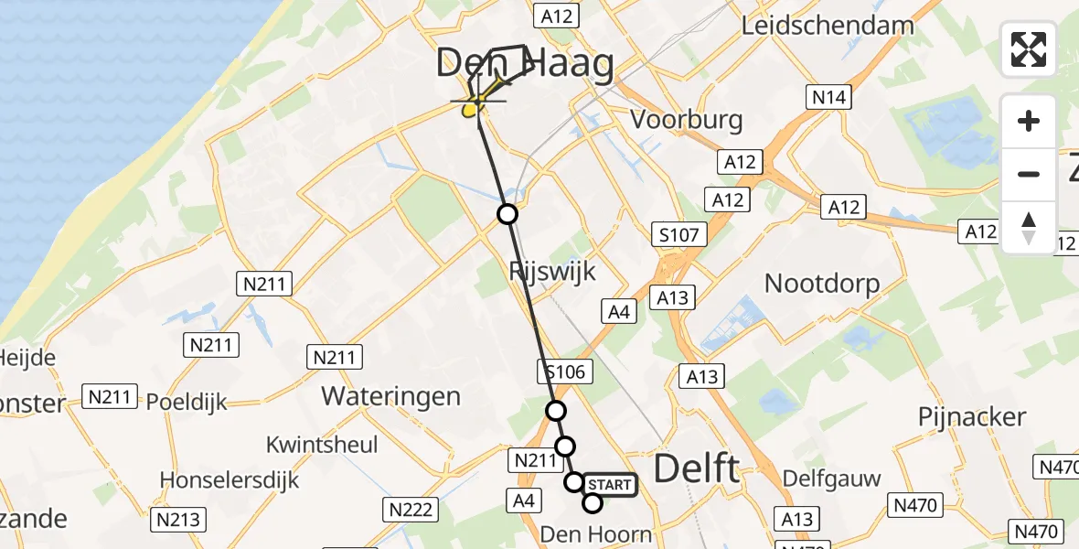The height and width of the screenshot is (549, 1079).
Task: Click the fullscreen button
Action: click(1029, 49)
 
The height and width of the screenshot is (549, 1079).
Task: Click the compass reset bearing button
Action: click(1029, 228)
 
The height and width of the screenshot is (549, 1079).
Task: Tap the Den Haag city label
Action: click(524, 66)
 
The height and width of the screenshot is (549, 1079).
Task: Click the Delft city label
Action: click(698, 469)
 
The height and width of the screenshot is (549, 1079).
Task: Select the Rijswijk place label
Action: click(552, 271)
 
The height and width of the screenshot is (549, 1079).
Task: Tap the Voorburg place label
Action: click(687, 120)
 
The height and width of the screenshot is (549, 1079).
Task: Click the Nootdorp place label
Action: click(822, 283)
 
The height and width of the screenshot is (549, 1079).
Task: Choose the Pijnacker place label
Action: click(972, 417)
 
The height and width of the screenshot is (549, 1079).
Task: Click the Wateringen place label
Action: click(391, 396)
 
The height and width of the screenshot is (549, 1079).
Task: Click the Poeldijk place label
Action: click(187, 403)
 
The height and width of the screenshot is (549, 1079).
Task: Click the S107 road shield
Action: click(678, 235)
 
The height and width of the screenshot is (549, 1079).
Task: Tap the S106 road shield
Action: click(566, 371)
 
